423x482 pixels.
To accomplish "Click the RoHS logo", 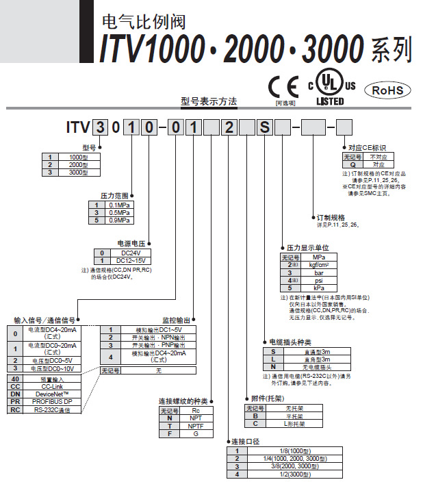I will coord(388,90).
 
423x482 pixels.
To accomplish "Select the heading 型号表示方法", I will coord(209,101).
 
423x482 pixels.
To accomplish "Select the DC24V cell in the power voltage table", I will coord(130,253).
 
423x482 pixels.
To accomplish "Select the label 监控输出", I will coord(177,320).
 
